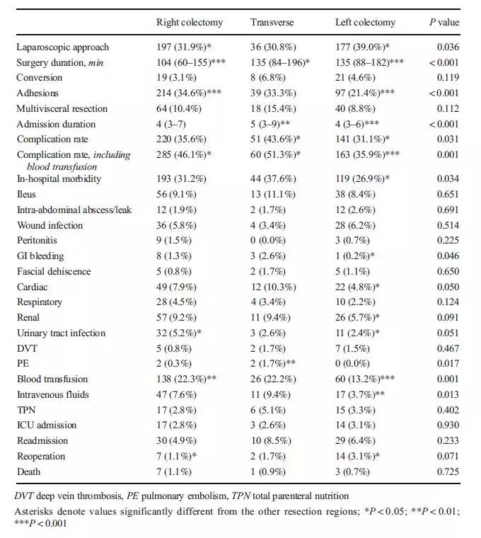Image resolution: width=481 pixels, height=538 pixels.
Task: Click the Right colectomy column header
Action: point(189,23)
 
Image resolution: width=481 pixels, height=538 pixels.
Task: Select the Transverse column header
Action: point(272,23)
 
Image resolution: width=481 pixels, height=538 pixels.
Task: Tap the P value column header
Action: point(444,23)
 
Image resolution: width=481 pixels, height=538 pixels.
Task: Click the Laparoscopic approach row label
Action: point(62,47)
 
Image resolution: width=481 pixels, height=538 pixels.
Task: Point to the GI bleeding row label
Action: point(41,256)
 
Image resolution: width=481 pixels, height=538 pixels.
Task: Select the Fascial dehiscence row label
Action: point(54,272)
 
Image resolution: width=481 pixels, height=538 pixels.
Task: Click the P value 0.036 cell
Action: point(448,47)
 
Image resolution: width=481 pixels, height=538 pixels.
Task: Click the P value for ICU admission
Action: point(448,425)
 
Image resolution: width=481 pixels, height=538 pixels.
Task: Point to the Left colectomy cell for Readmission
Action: point(357,441)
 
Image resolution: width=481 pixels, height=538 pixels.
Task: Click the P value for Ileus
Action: point(448,195)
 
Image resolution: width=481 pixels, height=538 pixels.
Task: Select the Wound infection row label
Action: point(50,226)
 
